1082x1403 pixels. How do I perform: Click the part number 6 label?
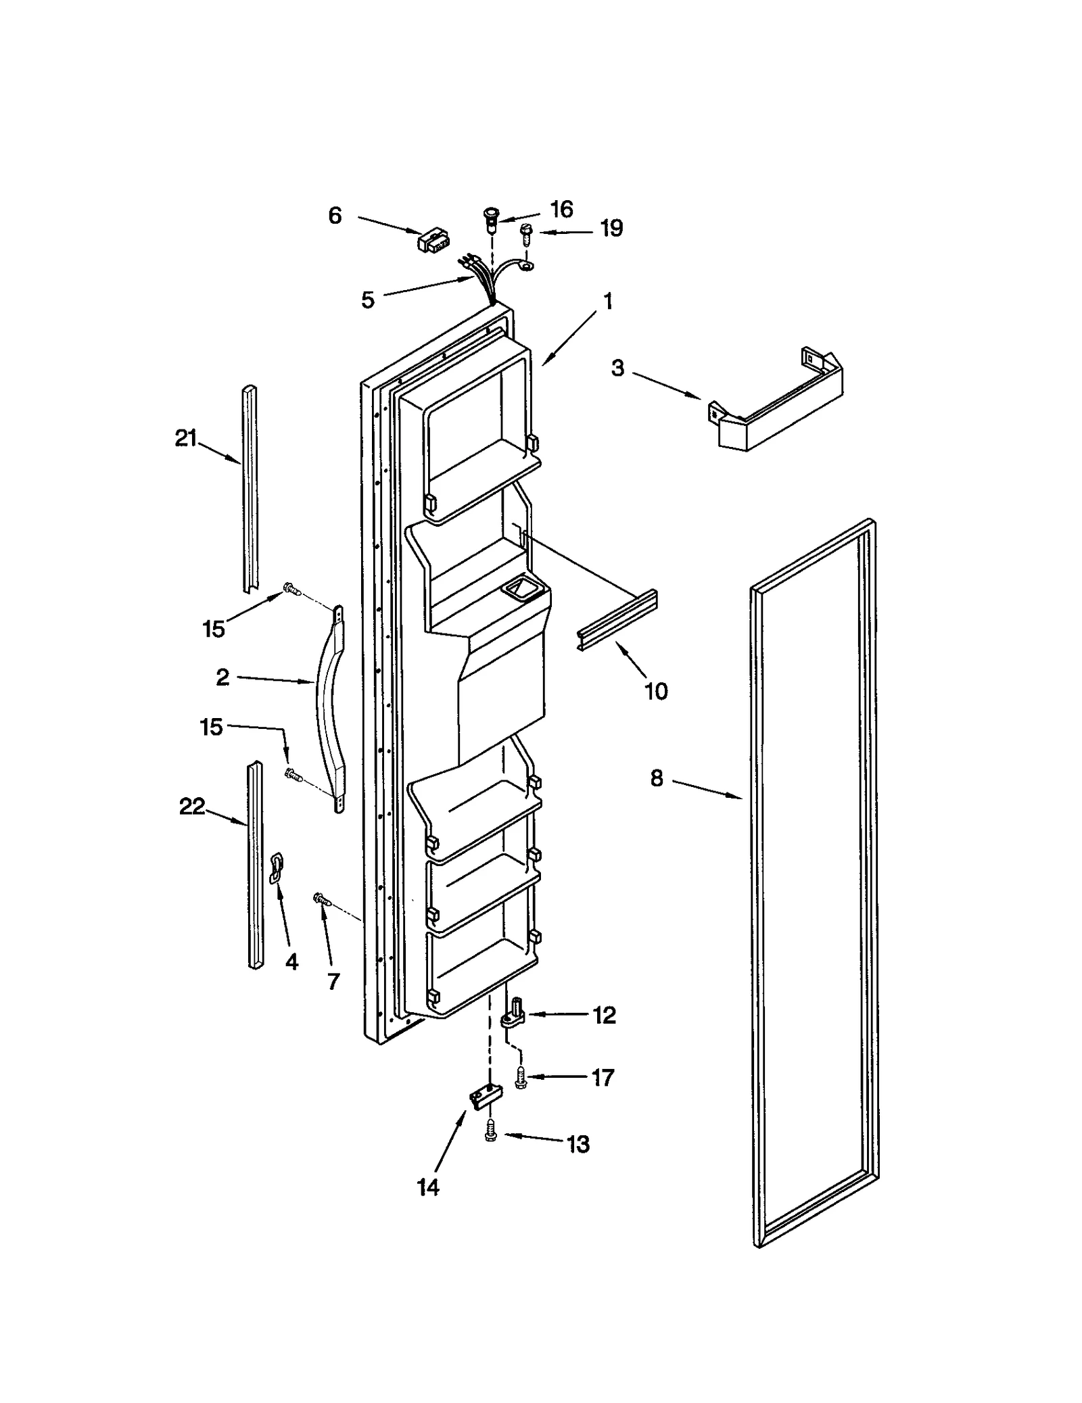[335, 216]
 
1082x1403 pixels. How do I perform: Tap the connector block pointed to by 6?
[433, 241]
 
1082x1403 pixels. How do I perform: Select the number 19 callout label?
[611, 229]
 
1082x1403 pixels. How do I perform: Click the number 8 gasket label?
[657, 778]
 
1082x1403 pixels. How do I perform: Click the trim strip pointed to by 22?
[255, 865]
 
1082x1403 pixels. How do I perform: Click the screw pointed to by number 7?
[321, 899]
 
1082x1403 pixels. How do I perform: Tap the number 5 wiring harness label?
[368, 300]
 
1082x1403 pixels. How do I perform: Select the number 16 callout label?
[561, 210]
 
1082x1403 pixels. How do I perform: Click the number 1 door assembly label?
[608, 301]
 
